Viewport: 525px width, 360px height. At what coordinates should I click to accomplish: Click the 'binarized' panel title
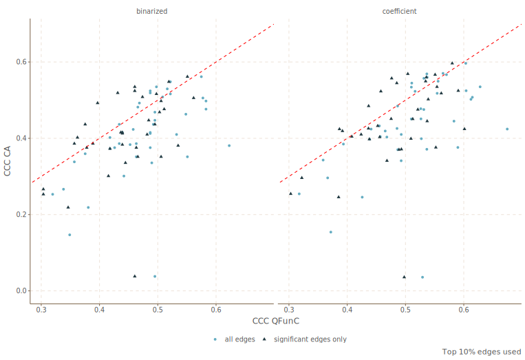pos(152,11)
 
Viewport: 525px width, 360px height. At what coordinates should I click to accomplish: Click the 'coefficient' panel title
pos(399,11)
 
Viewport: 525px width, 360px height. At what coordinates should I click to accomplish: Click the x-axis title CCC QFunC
pos(275,321)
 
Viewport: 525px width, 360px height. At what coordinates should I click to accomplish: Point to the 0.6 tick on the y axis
pos(21,62)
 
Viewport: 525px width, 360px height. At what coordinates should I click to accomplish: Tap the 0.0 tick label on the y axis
pos(21,290)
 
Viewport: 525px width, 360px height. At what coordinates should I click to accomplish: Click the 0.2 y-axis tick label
pos(21,214)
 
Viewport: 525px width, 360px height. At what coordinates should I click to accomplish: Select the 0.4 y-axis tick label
pos(21,138)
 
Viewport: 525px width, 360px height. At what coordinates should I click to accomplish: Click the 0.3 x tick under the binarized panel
pos(41,309)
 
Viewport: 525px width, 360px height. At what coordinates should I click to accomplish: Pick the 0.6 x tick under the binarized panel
pos(217,309)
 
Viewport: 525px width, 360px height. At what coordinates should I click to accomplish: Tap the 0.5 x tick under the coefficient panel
pos(405,309)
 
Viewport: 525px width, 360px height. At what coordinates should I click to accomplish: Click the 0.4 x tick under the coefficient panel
pos(347,309)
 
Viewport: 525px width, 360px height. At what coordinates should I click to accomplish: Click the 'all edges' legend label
pos(239,339)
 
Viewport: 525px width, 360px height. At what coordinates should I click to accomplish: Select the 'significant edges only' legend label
pos(310,339)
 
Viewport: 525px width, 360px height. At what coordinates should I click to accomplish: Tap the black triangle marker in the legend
pos(264,339)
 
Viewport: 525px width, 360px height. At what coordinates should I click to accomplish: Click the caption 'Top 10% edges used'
pos(482,352)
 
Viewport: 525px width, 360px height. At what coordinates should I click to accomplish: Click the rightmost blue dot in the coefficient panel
pos(507,129)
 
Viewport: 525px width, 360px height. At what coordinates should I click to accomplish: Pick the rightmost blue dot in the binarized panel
pos(229,145)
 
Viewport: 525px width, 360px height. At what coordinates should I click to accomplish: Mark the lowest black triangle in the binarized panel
pos(135,276)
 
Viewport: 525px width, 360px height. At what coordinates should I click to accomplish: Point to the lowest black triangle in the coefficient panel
pos(404,277)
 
